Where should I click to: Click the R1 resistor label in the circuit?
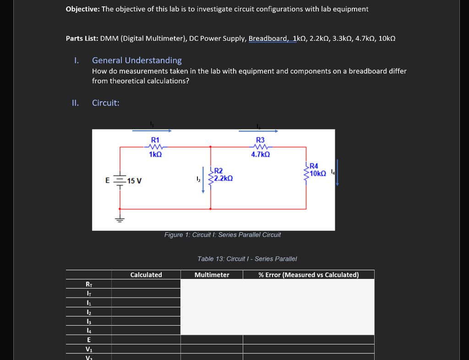coord(155,140)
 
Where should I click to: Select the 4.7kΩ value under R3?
coord(260,155)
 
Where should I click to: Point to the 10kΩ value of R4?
coord(317,173)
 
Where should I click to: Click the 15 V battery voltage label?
coord(134,181)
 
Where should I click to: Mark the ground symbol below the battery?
coord(120,218)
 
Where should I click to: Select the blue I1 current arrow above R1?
coord(152,131)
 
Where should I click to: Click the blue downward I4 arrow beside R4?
coord(338,172)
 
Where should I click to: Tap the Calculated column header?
coord(146,275)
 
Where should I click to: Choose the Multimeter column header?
coord(212,275)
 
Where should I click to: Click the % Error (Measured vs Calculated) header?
coord(308,275)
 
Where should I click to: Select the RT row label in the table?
coord(89,284)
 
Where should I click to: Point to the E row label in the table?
coord(89,340)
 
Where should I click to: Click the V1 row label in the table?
coord(89,349)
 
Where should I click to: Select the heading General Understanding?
coord(137,60)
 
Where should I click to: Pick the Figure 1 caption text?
coord(223,235)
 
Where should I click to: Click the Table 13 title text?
coord(247,259)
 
